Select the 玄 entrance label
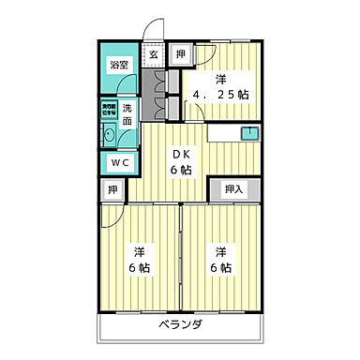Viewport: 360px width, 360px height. pos(153,53)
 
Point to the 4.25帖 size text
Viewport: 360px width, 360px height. pos(221,95)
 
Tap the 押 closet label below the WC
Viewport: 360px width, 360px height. pos(111,190)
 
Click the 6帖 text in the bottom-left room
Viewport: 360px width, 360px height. pos(139,268)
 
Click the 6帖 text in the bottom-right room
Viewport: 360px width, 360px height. pos(220,268)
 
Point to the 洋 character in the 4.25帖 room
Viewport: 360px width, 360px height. pos(221,78)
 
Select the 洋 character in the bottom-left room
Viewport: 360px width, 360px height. pos(139,251)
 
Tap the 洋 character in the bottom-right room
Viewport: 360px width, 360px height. pos(220,251)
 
